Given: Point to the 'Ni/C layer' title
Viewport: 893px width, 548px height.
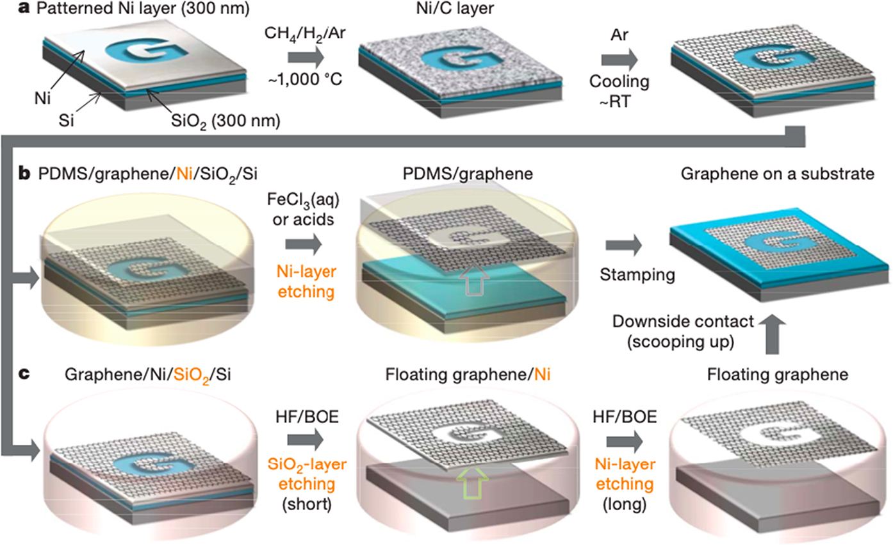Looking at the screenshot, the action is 435,10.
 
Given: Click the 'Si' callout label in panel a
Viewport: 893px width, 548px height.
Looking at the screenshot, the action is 80,119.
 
